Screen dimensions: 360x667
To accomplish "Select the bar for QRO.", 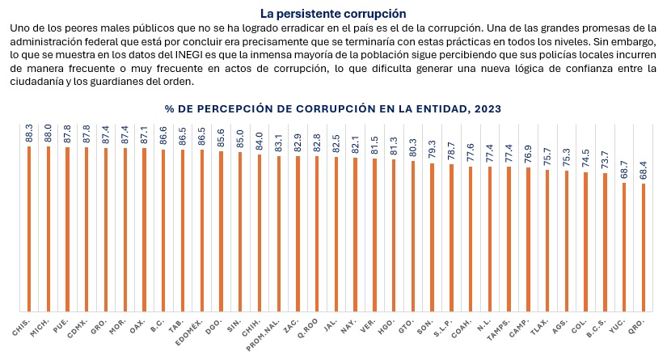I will click(x=644, y=247).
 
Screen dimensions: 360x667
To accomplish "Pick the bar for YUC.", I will click(x=624, y=246).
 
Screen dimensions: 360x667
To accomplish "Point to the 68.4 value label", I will click(x=644, y=171).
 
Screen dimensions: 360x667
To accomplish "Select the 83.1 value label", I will click(x=279, y=143).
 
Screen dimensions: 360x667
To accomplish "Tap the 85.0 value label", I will click(x=240, y=140).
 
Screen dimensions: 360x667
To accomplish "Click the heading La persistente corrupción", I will click(x=333, y=14).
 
